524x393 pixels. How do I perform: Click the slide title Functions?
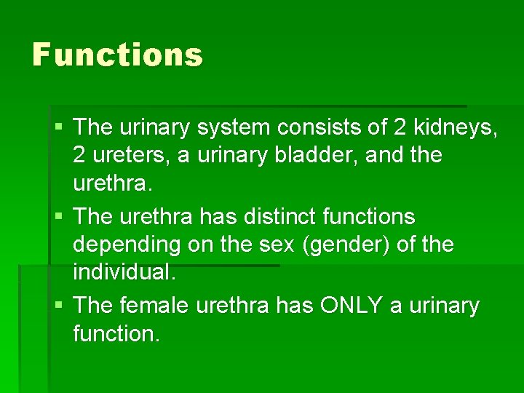tap(117, 55)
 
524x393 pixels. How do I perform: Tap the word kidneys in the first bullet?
tap(456, 128)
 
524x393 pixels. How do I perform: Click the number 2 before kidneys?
tap(400, 128)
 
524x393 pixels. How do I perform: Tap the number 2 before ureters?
tap(79, 156)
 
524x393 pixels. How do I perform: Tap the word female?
tap(154, 306)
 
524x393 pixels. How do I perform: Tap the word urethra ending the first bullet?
tap(113, 185)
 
